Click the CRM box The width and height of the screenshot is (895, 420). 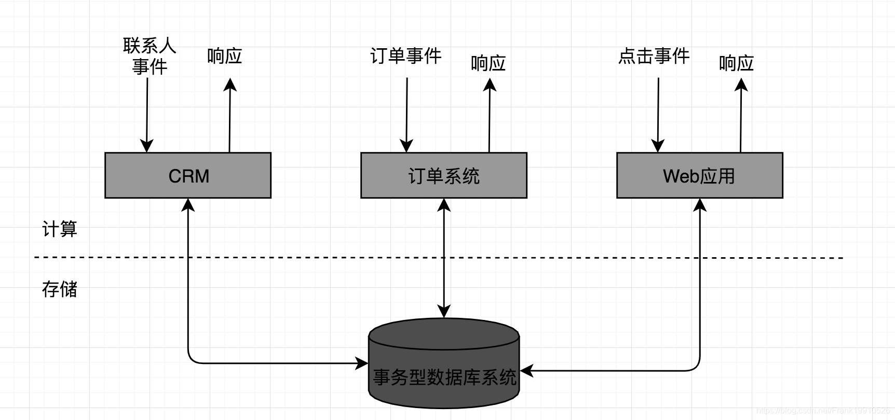point(188,176)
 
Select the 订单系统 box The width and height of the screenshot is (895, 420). point(444,176)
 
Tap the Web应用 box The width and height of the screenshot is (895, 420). point(699,176)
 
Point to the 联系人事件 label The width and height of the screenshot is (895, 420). point(150,56)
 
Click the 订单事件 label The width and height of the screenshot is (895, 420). point(405,56)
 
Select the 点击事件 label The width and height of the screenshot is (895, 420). point(654,56)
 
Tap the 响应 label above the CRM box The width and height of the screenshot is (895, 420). point(224,56)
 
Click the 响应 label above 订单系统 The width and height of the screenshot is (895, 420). point(488,63)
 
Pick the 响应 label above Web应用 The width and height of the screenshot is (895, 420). point(736,63)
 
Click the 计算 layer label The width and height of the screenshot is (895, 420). point(60,229)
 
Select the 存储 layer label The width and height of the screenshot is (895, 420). point(60,289)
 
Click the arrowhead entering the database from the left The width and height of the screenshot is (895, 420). point(362,363)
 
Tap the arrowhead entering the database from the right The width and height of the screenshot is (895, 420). point(527,371)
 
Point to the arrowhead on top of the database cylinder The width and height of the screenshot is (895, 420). point(444,311)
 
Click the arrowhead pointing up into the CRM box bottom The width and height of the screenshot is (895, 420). point(188,205)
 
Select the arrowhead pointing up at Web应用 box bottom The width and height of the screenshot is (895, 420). point(700,205)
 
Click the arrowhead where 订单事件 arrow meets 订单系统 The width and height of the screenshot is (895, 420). point(406,146)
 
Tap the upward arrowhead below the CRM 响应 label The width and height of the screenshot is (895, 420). point(230,85)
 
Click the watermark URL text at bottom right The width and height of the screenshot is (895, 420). point(823,411)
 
